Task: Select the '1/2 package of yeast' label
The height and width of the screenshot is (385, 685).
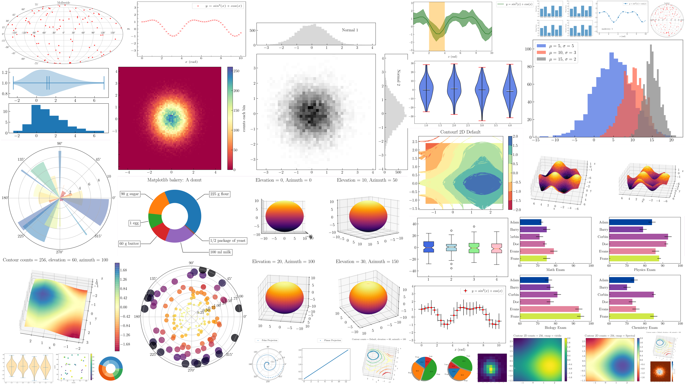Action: point(228,241)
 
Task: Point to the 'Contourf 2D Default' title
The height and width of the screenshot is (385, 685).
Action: point(460,132)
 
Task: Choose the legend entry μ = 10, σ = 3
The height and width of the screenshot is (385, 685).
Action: point(562,53)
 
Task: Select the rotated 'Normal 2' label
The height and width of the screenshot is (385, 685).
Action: point(398,78)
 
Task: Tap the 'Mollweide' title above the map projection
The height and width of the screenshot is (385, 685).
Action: point(63,3)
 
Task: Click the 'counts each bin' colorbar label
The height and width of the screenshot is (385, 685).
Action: point(244,118)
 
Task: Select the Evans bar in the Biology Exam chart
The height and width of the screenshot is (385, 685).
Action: point(549,309)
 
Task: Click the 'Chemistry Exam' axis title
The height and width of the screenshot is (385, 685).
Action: point(645,328)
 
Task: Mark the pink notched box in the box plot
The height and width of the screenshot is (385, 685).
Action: point(497,248)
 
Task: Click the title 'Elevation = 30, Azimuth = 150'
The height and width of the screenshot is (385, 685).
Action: point(367,262)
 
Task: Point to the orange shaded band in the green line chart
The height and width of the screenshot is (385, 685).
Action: point(437,26)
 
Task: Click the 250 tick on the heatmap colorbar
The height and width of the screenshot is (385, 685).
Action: point(236,71)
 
